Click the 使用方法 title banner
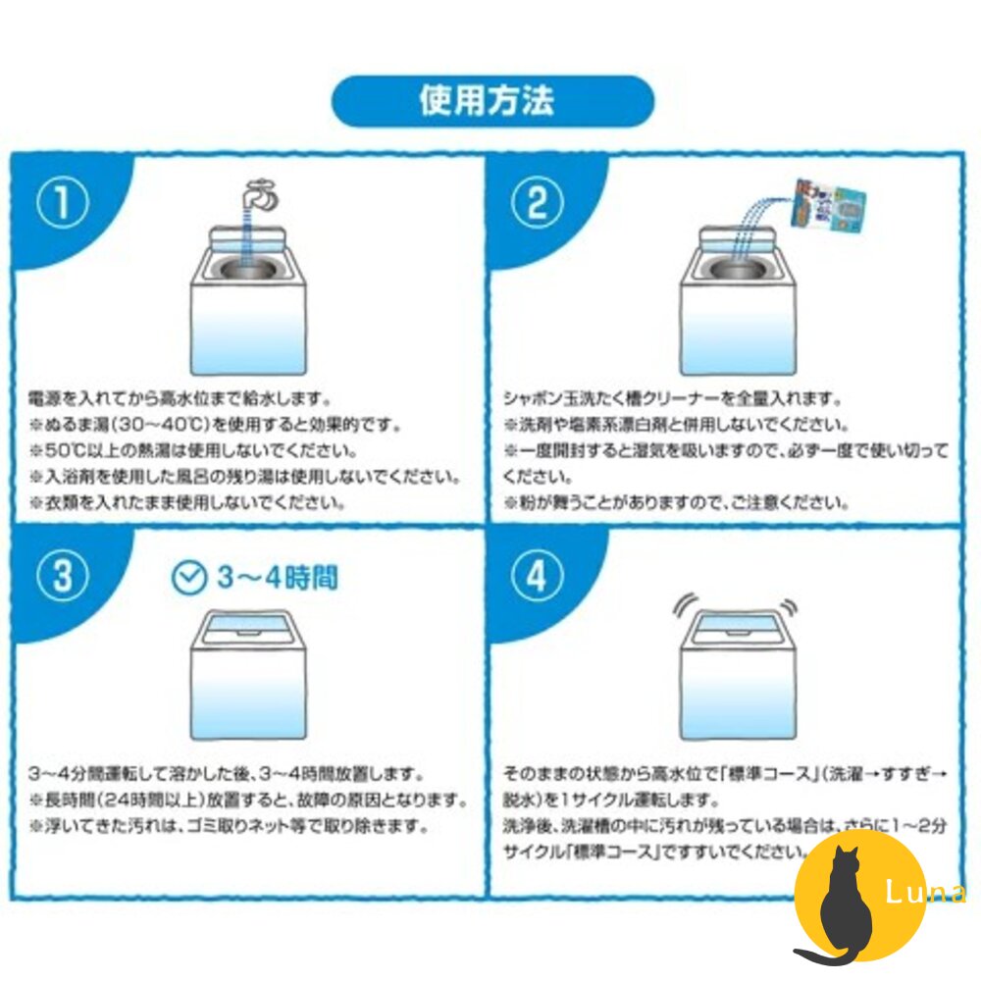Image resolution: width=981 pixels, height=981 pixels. tap(492, 102)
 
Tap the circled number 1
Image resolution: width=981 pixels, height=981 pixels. tap(63, 204)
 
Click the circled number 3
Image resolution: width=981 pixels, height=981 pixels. tap(63, 578)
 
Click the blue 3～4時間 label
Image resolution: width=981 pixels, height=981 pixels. tap(276, 578)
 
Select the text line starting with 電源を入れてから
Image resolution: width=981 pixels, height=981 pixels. tap(183, 400)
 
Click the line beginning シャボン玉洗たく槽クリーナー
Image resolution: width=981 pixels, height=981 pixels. tap(672, 400)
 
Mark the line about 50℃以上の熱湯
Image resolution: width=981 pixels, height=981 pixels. tap(192, 451)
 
